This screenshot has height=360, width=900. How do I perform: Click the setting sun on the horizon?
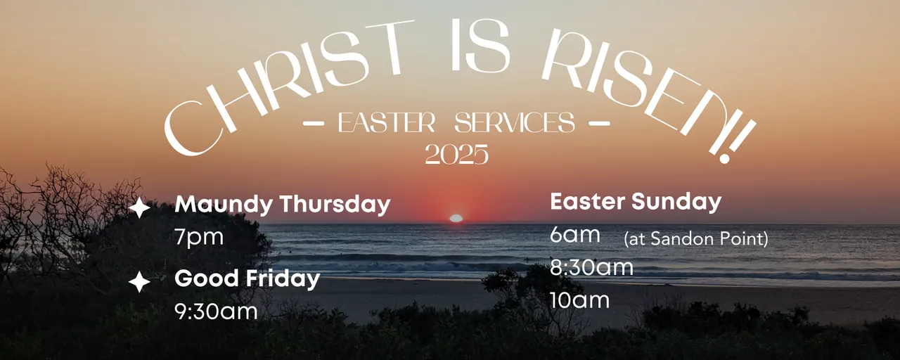(456, 218)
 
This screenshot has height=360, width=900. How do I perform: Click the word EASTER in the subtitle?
(387, 122)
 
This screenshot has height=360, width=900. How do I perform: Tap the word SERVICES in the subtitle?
(515, 122)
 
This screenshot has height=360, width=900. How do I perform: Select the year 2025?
(457, 154)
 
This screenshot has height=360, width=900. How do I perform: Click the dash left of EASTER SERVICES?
(314, 123)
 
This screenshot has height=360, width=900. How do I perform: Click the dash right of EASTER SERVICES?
(600, 123)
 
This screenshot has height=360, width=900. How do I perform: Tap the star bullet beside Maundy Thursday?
(139, 207)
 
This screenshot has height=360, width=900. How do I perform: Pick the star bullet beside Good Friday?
(139, 282)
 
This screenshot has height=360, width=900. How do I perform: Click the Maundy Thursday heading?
(283, 205)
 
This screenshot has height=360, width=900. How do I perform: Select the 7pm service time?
(199, 237)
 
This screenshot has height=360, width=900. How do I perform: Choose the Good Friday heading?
(247, 279)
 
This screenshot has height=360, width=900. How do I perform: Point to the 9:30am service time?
(216, 311)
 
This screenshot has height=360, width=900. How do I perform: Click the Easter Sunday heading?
(636, 202)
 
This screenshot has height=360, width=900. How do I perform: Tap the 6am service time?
(575, 234)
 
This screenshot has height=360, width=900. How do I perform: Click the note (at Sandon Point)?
(696, 238)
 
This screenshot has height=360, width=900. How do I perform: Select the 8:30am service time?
(591, 267)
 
